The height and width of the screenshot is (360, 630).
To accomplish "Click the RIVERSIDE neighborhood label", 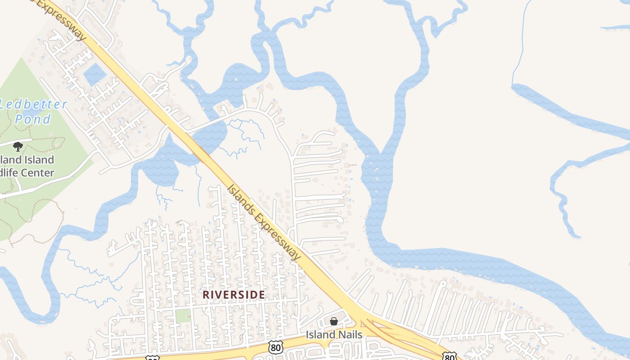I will click(234, 294).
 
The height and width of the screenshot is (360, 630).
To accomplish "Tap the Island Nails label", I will click(334, 335).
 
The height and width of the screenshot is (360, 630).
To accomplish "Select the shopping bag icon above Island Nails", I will click(334, 321).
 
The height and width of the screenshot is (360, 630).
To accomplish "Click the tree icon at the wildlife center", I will click(18, 146).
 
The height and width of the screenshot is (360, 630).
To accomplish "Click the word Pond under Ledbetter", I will click(33, 119).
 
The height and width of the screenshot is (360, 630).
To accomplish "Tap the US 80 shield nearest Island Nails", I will click(275, 346).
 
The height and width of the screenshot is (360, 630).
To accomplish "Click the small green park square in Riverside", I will click(182, 315).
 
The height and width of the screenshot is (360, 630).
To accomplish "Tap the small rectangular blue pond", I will click(94, 74).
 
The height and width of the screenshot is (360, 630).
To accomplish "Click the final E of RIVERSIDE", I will click(261, 294).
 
